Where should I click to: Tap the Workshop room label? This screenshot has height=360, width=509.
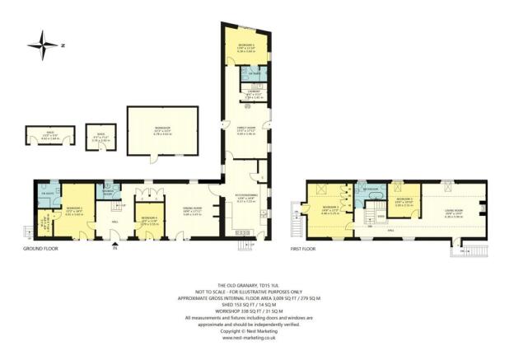[x=161, y=129]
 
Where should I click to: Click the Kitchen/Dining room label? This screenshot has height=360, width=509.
[x=246, y=199]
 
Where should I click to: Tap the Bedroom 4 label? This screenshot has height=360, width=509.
[x=150, y=221]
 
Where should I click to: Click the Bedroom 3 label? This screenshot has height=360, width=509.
[x=403, y=201]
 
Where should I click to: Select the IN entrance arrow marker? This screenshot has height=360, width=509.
[x=114, y=248]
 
